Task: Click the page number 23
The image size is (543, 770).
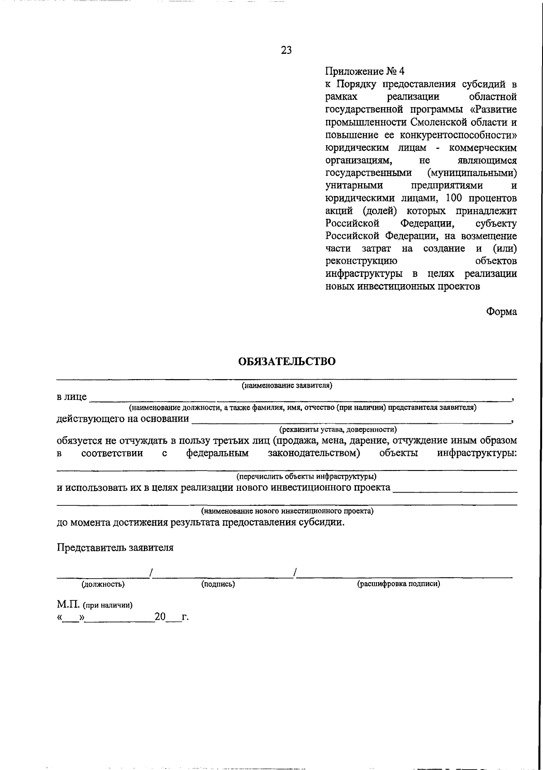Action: tap(286, 50)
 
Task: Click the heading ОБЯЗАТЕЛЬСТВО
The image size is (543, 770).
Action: tap(287, 361)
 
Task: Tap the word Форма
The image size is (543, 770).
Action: tap(501, 312)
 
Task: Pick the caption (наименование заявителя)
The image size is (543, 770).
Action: tap(287, 386)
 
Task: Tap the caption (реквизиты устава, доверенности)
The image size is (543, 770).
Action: tap(338, 429)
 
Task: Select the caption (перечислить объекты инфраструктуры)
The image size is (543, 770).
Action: tap(306, 476)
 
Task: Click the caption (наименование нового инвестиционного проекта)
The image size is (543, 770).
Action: tap(287, 511)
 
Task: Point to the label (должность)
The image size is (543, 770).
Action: tap(103, 584)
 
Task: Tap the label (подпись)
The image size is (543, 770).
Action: tap(218, 584)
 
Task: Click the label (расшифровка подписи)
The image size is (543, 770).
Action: tap(399, 584)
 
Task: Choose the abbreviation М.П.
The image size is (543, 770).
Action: tap(68, 605)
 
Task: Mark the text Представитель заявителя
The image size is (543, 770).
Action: tap(115, 547)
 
